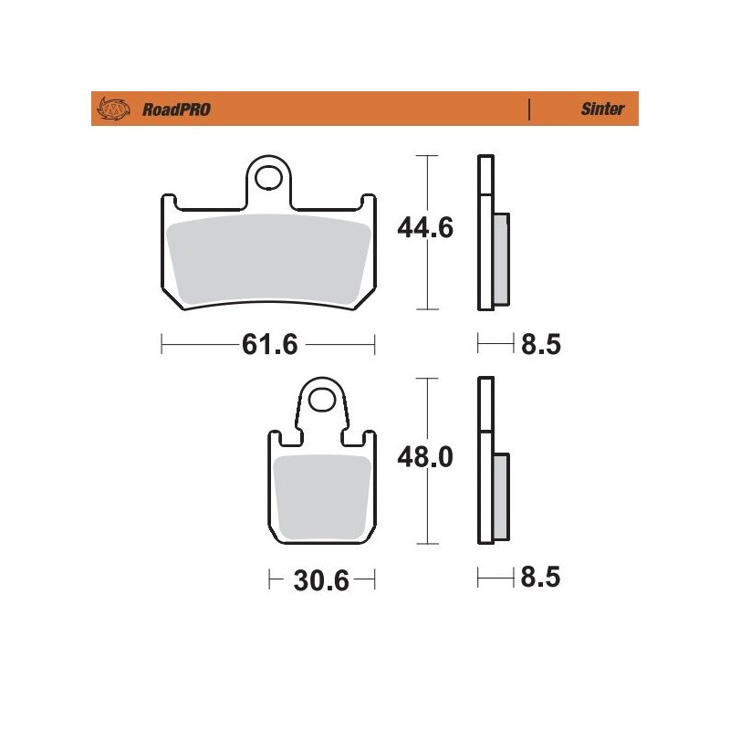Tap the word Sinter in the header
pos(602,109)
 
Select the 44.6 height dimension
pos(425,229)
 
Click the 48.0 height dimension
pos(425,457)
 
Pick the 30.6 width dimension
pos(321,579)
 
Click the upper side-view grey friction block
pos(501,260)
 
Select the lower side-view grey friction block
pos(501,497)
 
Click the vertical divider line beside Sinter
pos(529,109)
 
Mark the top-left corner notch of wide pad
pos(170,200)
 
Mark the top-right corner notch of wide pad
pos(369,200)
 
